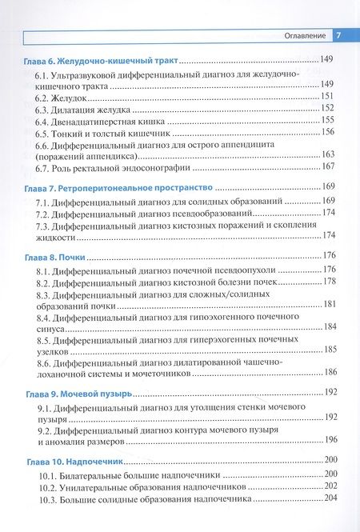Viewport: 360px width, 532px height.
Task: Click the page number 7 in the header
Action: (338, 35)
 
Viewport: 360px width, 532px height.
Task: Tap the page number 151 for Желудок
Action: (328, 96)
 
